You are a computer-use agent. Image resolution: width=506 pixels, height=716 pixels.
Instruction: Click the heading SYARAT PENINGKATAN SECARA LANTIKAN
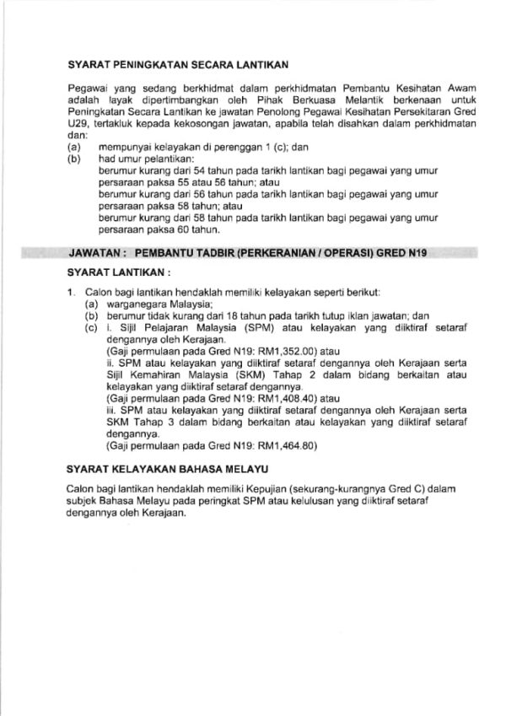pos(177,63)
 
